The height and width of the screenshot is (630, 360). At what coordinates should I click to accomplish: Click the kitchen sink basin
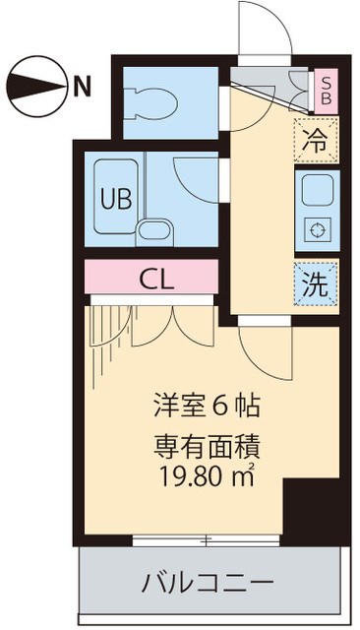coord(316,186)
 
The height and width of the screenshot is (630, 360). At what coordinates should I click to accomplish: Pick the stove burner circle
coord(316,229)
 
